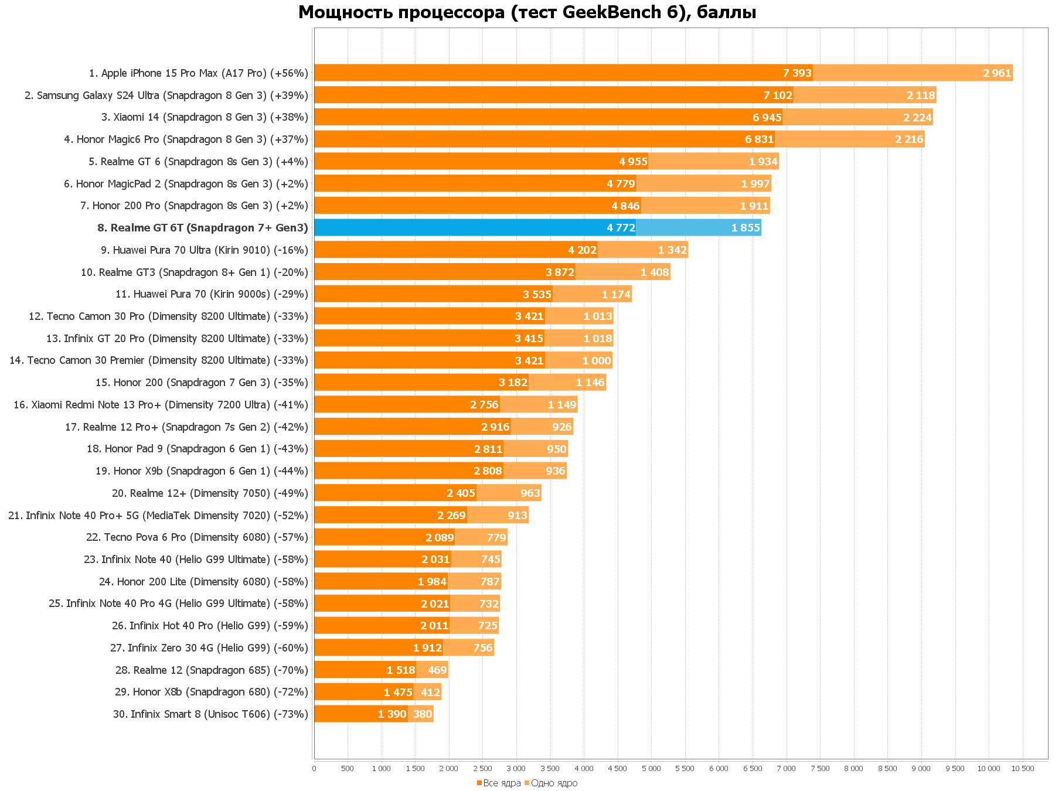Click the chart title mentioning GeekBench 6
click(x=527, y=12)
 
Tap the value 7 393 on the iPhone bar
click(x=797, y=73)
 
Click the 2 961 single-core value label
click(x=997, y=73)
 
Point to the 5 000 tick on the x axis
click(x=651, y=768)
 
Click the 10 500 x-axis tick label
click(x=1023, y=768)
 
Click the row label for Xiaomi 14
click(x=205, y=117)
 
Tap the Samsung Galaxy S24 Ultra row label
click(x=166, y=96)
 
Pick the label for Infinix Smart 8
click(x=210, y=714)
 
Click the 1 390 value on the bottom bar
click(x=392, y=714)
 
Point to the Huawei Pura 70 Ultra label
click(x=205, y=250)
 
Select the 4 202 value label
click(x=582, y=250)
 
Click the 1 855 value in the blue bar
click(x=746, y=228)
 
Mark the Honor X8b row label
click(x=212, y=692)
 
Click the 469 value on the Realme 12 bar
click(x=437, y=670)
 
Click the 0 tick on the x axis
click(x=314, y=768)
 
